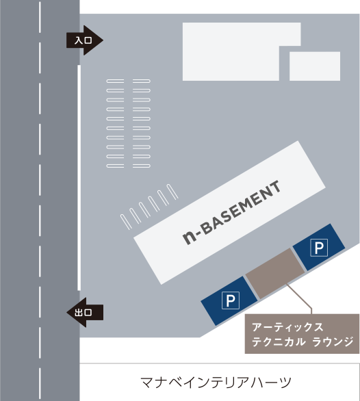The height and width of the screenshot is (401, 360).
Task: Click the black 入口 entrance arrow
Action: (85, 40)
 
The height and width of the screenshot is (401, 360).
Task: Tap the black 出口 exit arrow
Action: (85, 312)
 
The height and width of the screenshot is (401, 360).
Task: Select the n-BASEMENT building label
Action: (231, 213)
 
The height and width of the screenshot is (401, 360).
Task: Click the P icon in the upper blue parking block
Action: (319, 247)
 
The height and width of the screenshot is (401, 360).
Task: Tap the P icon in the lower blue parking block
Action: (231, 300)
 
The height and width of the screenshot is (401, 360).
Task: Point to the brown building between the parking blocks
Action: (275, 273)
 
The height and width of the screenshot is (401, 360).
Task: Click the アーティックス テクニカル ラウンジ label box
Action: (302, 334)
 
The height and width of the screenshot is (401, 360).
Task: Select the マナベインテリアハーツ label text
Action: (216, 383)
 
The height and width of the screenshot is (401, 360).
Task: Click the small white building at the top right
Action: (315, 66)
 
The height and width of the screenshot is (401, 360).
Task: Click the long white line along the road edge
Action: (79, 178)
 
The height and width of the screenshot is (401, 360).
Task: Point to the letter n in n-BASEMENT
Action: (190, 237)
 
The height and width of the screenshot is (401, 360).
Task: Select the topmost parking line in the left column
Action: (115, 81)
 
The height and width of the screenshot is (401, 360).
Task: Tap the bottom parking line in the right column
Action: (142, 166)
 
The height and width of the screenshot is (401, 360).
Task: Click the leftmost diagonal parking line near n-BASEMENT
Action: (126, 222)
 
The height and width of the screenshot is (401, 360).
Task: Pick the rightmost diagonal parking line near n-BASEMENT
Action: (172, 192)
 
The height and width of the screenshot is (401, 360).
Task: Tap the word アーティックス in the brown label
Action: (287, 327)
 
